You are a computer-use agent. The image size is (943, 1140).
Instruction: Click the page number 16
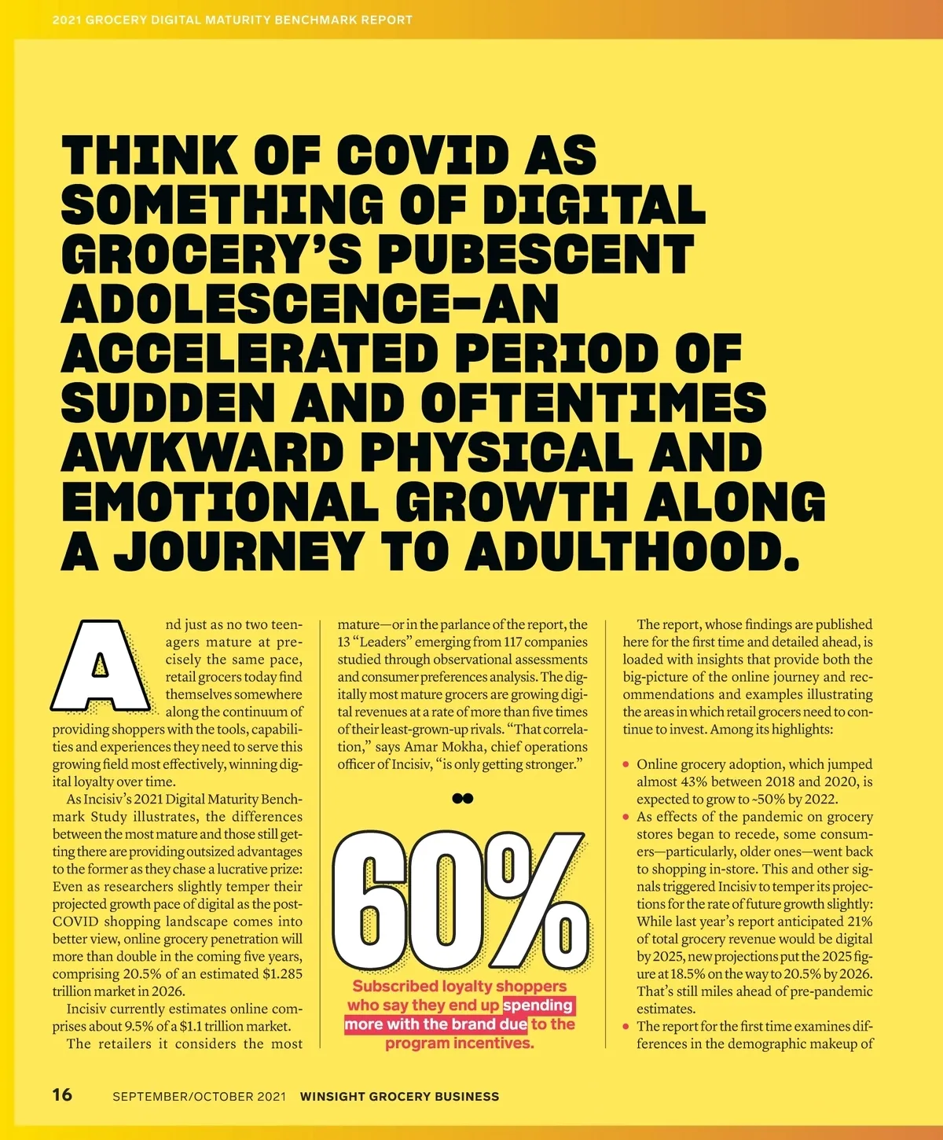[x=62, y=1094]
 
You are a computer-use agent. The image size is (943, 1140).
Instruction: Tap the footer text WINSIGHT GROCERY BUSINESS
[x=399, y=1096]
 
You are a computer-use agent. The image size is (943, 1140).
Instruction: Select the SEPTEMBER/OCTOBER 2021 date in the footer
[x=199, y=1096]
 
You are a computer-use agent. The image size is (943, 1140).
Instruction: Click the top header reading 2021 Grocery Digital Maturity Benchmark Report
[x=233, y=20]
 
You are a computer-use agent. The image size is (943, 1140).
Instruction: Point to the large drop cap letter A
[x=101, y=666]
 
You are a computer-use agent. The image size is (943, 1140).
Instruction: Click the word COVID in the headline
[x=424, y=155]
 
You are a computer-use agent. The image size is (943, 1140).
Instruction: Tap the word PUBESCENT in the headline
[x=536, y=254]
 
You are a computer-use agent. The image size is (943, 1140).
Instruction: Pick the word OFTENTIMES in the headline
[x=593, y=403]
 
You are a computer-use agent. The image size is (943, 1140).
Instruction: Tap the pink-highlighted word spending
[x=538, y=1006]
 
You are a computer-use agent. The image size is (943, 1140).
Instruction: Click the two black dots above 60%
[x=463, y=798]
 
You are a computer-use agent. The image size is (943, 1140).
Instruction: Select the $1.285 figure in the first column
[x=282, y=974]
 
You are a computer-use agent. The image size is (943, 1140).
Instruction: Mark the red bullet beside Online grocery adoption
[x=626, y=764]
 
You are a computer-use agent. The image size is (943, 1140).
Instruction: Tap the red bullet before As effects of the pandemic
[x=626, y=817]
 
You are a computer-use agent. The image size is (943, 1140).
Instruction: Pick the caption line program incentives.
[x=460, y=1043]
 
